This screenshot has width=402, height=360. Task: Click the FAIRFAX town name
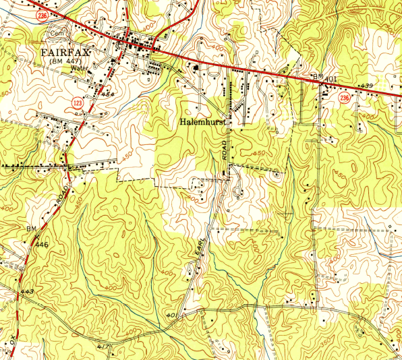69,53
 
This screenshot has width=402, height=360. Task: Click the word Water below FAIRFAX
80,68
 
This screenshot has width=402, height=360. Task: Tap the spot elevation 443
27,291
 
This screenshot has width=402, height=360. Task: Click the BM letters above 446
31,229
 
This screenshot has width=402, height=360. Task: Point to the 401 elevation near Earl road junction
170,315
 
